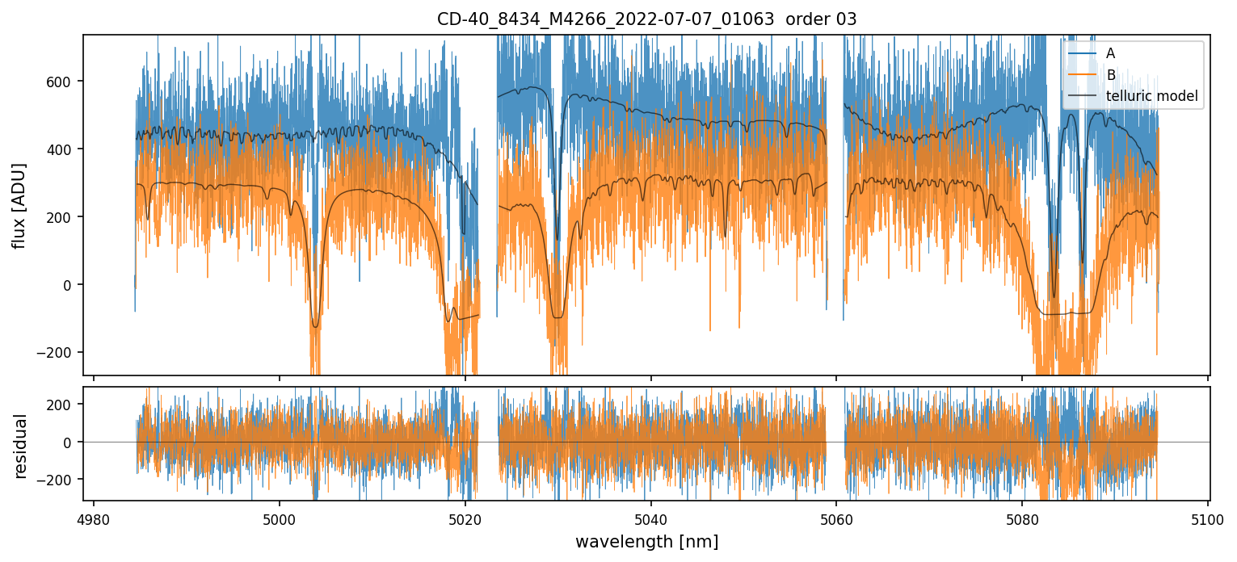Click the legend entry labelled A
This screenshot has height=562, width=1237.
click(1110, 53)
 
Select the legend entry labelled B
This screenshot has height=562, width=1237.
click(1110, 75)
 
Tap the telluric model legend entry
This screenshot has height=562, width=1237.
click(1151, 97)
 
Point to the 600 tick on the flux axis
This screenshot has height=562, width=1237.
click(65, 82)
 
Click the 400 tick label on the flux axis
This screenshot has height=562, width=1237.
click(65, 149)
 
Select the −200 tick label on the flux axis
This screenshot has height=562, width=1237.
click(62, 353)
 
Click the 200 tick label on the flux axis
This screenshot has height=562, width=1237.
click(65, 217)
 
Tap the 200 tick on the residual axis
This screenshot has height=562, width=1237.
click(65, 404)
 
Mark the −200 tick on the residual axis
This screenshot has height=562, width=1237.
click(62, 480)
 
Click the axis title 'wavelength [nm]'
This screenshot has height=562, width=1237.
click(646, 542)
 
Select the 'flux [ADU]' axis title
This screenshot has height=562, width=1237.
click(19, 205)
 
